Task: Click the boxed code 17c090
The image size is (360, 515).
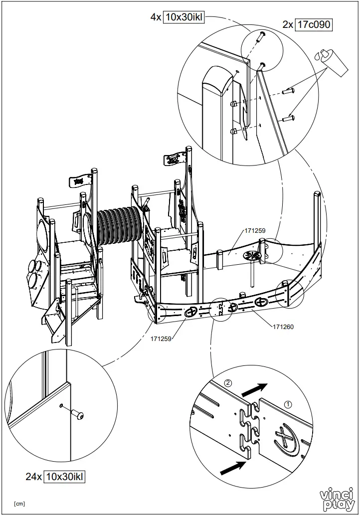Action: point(314,24)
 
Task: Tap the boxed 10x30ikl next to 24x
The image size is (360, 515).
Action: point(64,477)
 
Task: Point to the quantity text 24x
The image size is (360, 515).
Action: point(34,477)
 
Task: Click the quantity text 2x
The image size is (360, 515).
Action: point(288,24)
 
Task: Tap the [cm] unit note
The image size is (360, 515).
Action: point(20,504)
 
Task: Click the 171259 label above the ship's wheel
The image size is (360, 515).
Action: point(254,231)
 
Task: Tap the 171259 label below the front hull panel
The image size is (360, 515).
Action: point(161,339)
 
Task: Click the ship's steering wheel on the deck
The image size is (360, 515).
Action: point(252,256)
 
